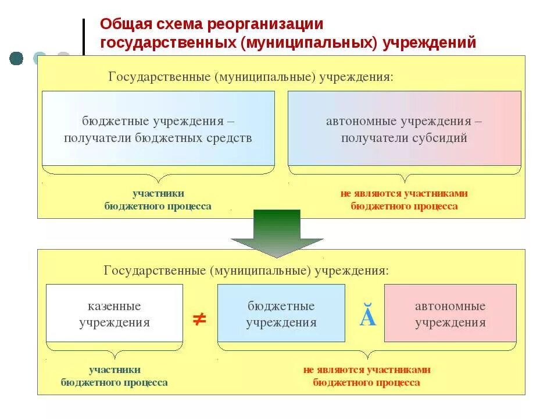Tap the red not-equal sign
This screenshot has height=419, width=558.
point(199,319)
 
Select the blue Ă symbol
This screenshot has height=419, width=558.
point(367,318)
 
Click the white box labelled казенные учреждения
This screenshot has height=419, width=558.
point(115,313)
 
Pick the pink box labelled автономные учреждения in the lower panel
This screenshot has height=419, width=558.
point(450,313)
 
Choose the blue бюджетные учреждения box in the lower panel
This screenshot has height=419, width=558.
point(281,313)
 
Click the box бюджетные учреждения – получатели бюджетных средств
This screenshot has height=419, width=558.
point(158,129)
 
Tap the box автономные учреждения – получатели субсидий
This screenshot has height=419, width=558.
point(404,129)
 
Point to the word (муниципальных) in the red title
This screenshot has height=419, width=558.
point(307,43)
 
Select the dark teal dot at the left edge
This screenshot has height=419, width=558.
point(16,58)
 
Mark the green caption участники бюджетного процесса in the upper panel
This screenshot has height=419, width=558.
point(158,200)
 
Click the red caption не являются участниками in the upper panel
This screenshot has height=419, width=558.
point(404,194)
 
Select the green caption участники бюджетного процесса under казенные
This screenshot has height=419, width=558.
point(115,376)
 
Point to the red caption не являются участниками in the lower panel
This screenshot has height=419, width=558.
point(366,370)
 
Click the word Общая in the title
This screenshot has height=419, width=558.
point(123,25)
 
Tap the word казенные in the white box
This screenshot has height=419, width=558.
point(115,306)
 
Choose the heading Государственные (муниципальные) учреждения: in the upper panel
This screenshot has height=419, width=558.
point(251,77)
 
